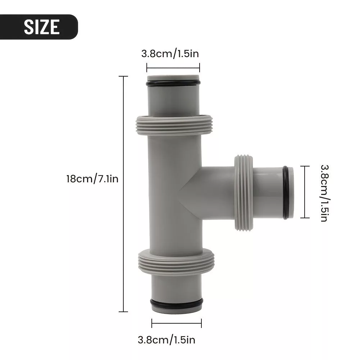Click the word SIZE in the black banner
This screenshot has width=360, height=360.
(42, 27)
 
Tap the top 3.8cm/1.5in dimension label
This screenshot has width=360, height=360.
(170, 54)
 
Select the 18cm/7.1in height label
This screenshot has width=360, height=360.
(92, 179)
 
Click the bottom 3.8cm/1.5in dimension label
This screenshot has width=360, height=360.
(167, 340)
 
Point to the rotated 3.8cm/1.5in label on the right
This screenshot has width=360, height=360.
(325, 193)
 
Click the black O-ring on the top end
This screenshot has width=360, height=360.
(173, 83)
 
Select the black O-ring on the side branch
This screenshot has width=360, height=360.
(286, 192)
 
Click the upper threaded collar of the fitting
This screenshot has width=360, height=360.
(174, 125)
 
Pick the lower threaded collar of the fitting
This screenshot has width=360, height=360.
(176, 262)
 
